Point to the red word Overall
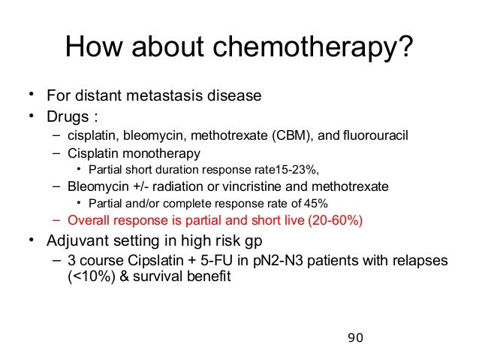click(89, 220)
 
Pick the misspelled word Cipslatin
click(155, 260)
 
